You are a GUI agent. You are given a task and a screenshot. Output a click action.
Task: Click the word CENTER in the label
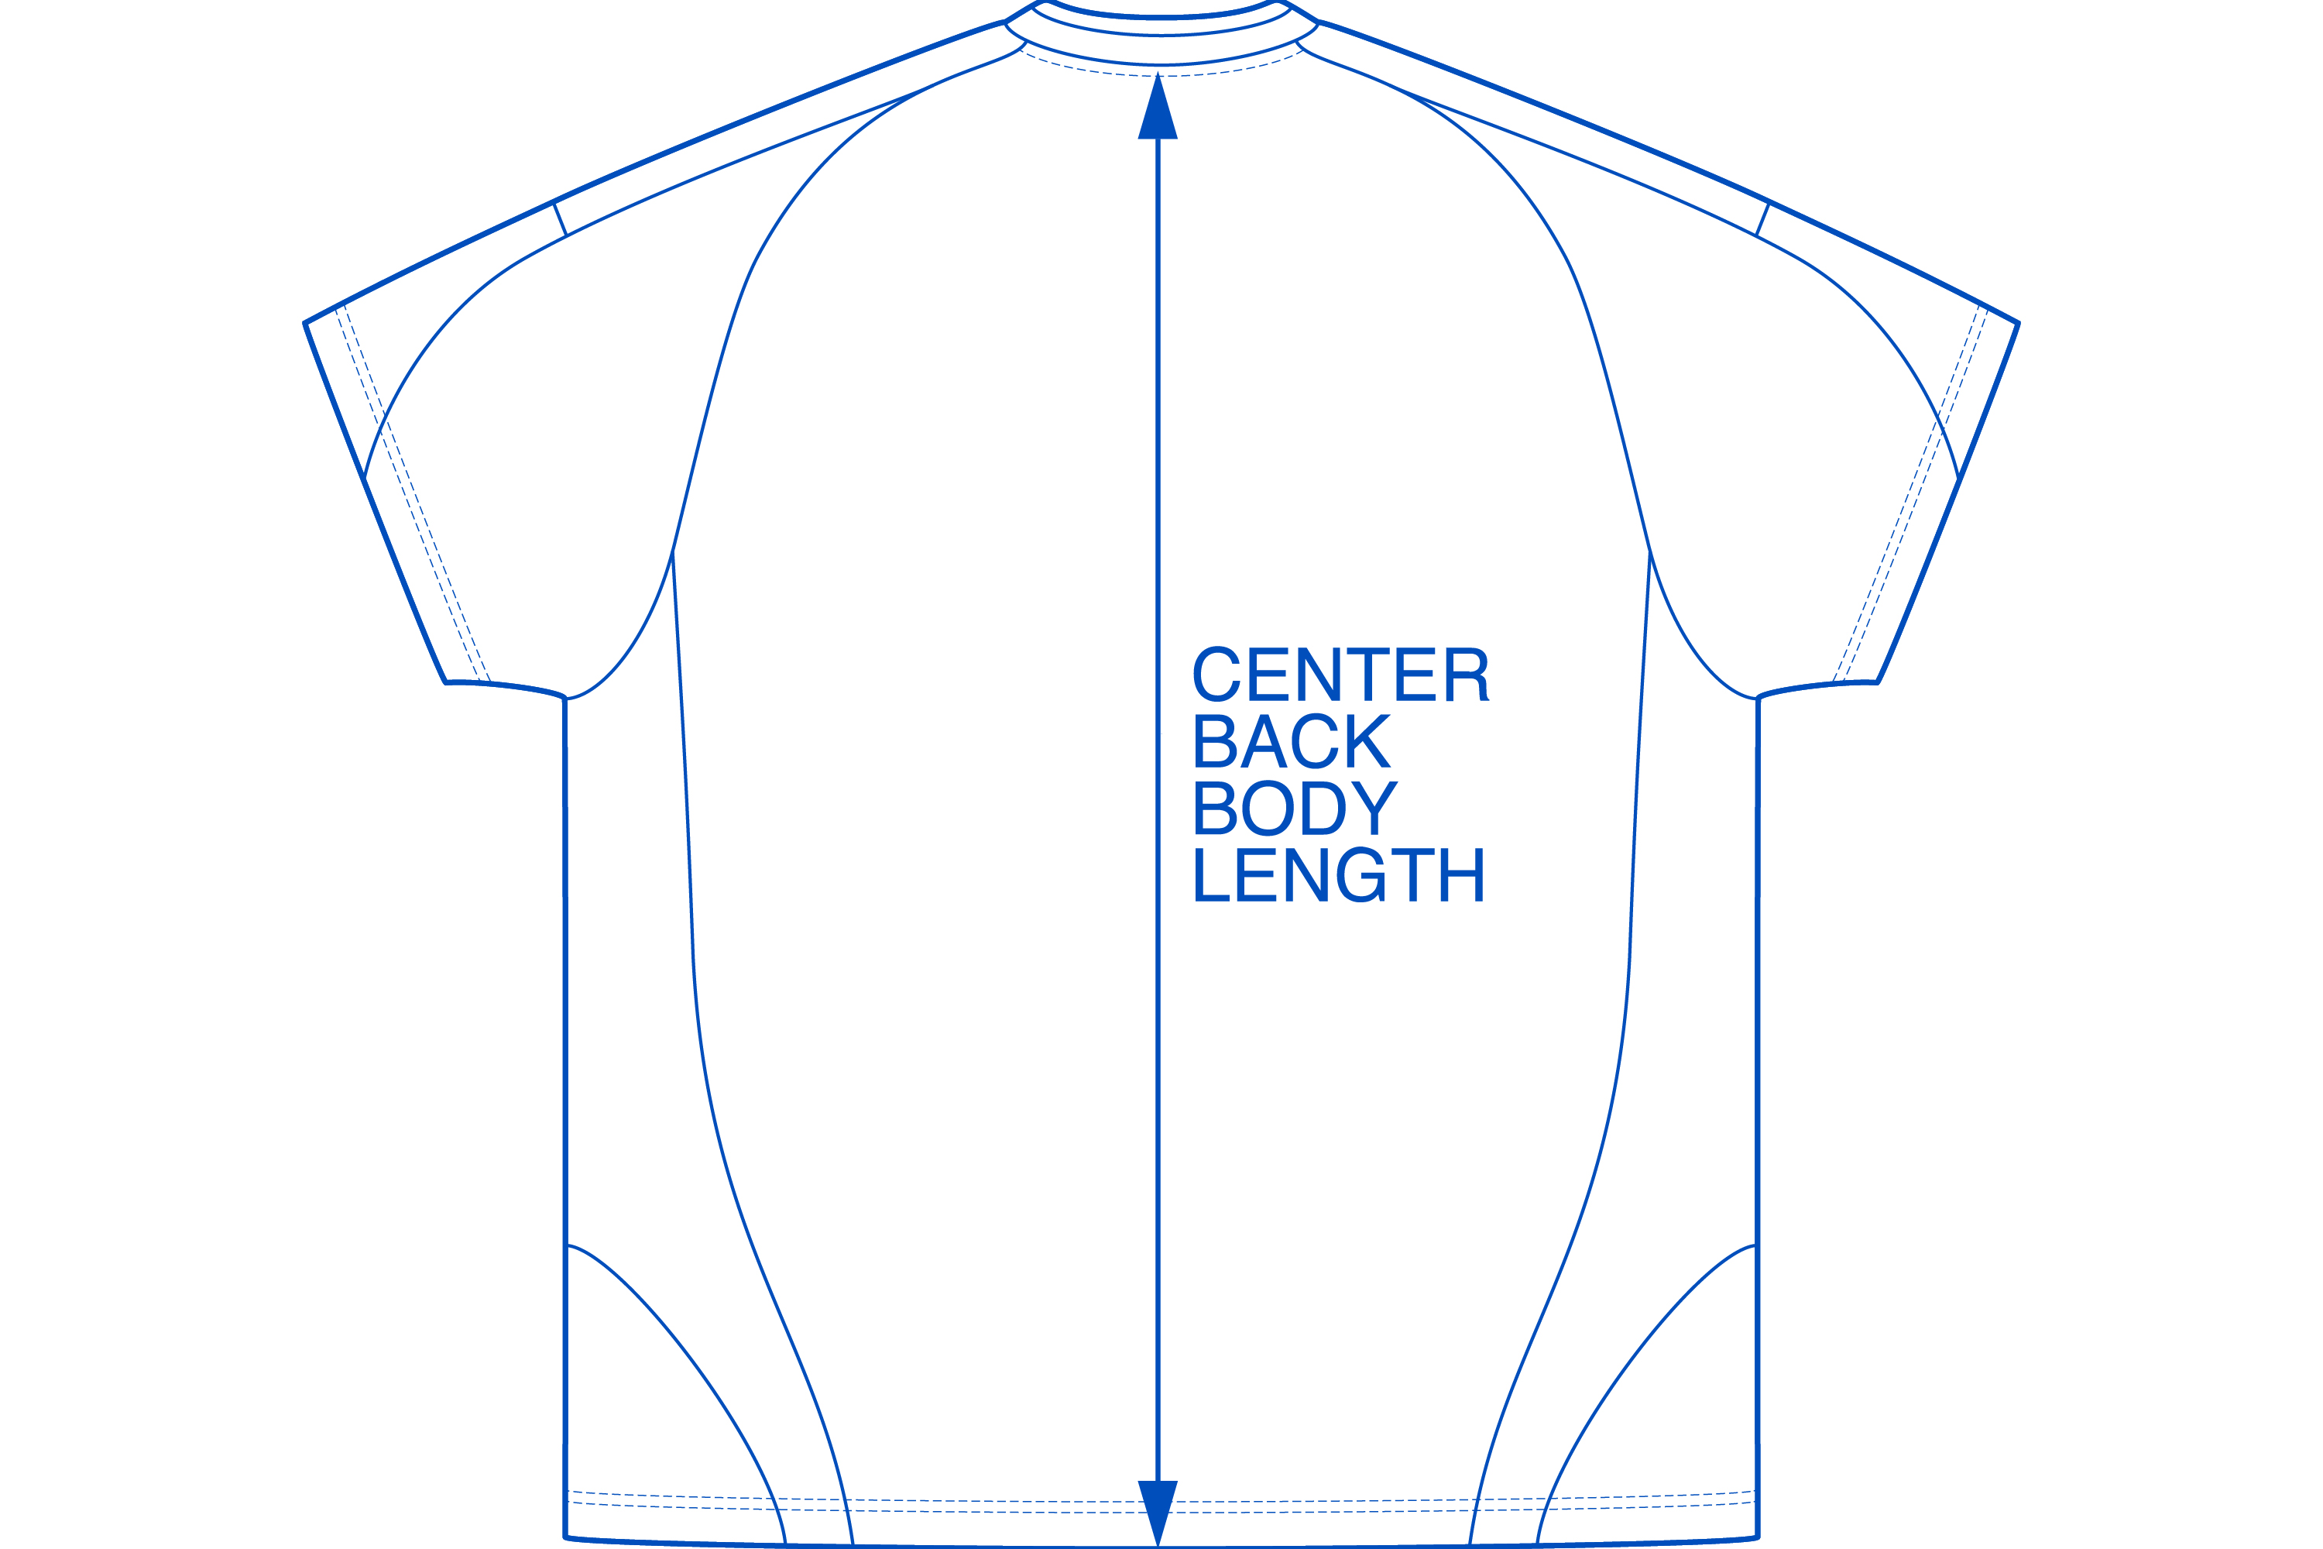[1340, 674]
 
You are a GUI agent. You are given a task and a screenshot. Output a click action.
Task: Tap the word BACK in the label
[1292, 741]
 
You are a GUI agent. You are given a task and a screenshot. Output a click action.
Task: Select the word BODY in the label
[1295, 808]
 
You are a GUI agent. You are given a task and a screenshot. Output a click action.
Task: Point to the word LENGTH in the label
[1338, 874]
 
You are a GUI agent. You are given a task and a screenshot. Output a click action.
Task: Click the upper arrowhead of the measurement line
[1158, 108]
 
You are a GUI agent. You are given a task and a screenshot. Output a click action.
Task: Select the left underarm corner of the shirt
[565, 699]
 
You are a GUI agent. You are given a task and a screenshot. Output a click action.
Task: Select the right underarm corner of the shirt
[1758, 699]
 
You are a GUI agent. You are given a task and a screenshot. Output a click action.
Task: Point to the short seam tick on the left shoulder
[560, 218]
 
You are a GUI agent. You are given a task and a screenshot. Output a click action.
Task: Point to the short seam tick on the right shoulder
[1763, 218]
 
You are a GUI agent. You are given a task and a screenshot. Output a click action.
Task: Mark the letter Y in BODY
[1376, 808]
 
